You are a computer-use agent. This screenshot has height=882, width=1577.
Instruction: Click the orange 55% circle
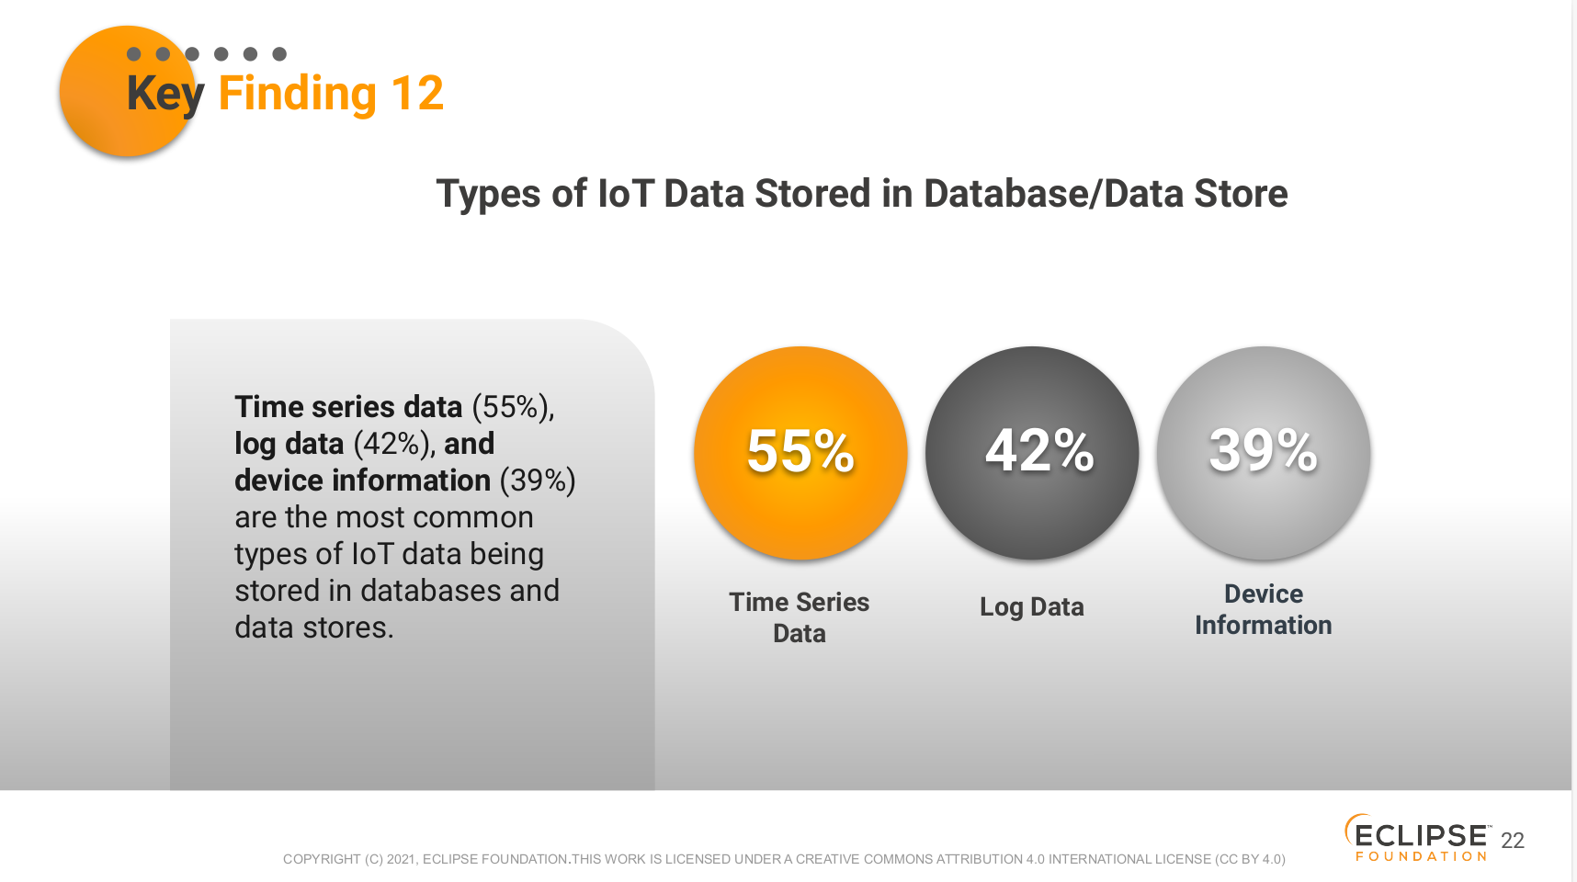coord(800,453)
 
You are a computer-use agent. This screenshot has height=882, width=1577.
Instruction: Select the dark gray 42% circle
coord(1032,453)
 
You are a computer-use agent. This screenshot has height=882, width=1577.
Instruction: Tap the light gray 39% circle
coord(1264,453)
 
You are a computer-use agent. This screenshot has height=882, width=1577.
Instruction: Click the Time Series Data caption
coord(800,617)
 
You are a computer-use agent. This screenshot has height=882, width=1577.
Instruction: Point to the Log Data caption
coord(1032,607)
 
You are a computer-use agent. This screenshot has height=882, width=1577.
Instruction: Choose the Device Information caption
coord(1264,609)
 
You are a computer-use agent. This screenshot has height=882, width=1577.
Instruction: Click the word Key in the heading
coord(165,95)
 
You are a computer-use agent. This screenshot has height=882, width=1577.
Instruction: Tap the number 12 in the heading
coord(417,93)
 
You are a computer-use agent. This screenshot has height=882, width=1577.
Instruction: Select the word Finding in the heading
coord(298,95)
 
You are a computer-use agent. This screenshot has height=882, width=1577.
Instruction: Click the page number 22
coord(1513,841)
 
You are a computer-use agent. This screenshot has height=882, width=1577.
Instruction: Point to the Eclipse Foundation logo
coord(1417,838)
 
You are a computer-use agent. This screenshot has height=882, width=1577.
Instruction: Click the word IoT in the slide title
coord(626,194)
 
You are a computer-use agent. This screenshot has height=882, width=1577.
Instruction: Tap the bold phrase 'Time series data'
coord(348,407)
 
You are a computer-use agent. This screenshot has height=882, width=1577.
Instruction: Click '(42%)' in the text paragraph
coord(393,444)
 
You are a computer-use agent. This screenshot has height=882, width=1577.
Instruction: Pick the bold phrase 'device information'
coord(363,481)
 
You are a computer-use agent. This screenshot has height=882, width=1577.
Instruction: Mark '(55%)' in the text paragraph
coord(513,407)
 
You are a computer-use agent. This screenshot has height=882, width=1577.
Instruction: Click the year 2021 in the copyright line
coord(401,859)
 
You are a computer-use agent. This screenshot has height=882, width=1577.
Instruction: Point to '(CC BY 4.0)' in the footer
coord(1250,859)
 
